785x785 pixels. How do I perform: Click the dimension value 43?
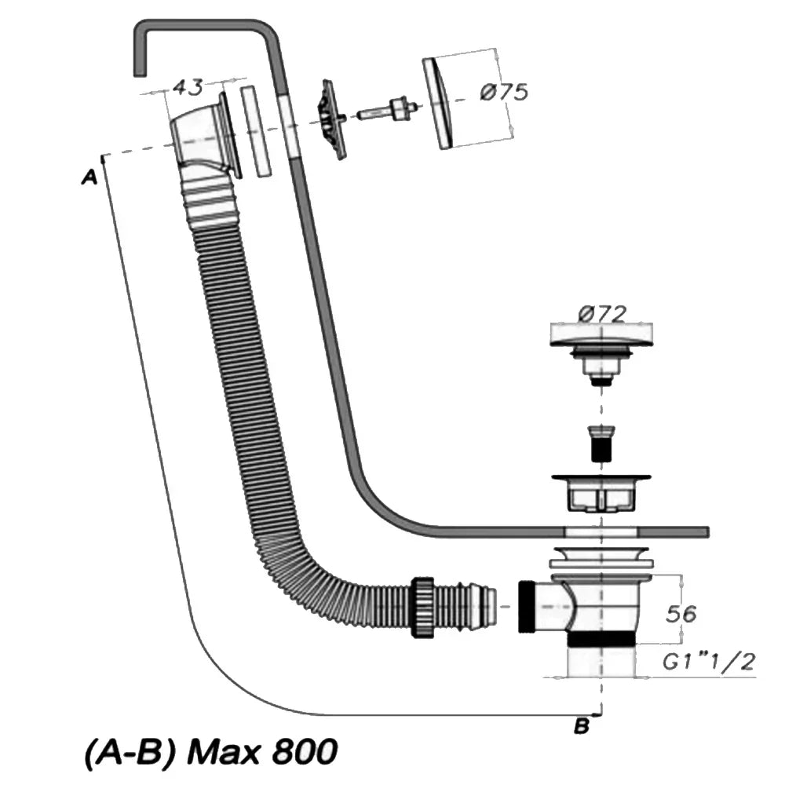(188, 87)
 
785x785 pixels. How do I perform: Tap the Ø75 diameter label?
(503, 92)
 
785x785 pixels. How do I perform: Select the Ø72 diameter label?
(602, 316)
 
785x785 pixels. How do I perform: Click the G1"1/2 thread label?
(708, 663)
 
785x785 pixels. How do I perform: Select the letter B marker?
(582, 727)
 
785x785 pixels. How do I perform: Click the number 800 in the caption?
(305, 753)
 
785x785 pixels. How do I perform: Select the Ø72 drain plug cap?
(601, 336)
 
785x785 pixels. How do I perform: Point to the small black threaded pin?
(601, 444)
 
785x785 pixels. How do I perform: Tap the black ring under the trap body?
(601, 638)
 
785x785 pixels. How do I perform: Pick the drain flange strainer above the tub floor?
(601, 488)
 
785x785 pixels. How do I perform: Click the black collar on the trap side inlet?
(528, 606)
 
